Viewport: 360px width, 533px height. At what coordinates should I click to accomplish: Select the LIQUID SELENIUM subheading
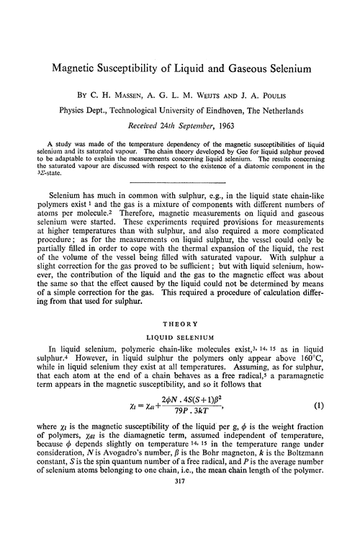point(179,359)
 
